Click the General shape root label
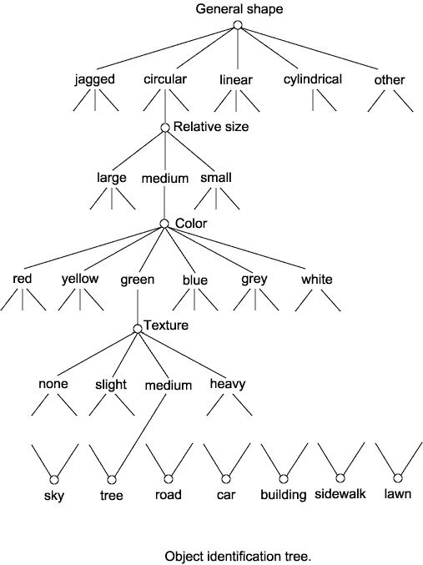click(239, 9)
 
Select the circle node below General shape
click(238, 25)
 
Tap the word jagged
click(95, 79)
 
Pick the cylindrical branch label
click(313, 79)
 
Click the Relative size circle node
click(165, 128)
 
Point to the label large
click(112, 178)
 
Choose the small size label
click(216, 178)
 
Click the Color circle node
click(164, 224)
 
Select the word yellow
click(80, 279)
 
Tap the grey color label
click(254, 280)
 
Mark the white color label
click(317, 280)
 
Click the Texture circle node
click(138, 329)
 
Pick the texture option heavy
click(228, 384)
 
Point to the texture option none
click(53, 384)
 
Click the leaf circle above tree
click(112, 480)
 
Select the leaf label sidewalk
click(340, 494)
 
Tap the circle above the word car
click(226, 479)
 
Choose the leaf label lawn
click(398, 493)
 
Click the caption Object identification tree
click(238, 557)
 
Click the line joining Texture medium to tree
click(140, 436)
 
